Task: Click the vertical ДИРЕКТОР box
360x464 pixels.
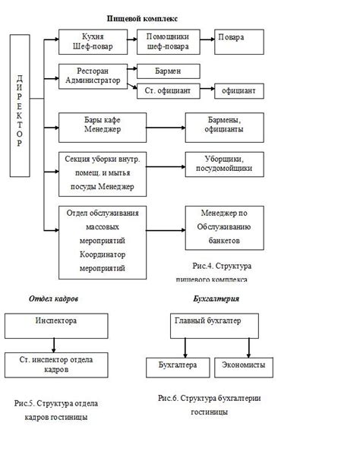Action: click(20, 106)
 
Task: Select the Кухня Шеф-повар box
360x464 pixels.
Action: click(93, 42)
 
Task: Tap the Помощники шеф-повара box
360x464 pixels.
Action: click(168, 42)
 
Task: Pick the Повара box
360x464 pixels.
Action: click(239, 42)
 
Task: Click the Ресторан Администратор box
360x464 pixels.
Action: click(93, 77)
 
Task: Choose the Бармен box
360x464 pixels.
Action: click(168, 71)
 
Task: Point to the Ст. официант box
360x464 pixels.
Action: click(168, 91)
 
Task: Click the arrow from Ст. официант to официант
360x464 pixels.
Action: click(207, 89)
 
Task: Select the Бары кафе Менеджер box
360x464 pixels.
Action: click(103, 128)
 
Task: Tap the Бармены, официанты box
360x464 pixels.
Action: click(224, 128)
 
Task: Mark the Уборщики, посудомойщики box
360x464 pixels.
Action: click(224, 165)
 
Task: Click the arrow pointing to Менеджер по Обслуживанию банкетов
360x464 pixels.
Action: click(166, 230)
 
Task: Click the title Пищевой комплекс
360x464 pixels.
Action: click(142, 19)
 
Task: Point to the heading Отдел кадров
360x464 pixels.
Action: click(54, 298)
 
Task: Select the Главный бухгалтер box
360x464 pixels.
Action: click(214, 326)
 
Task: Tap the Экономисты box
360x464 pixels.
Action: click(244, 368)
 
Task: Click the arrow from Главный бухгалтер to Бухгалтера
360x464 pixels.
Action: click(185, 348)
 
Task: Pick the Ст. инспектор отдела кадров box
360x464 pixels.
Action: click(56, 365)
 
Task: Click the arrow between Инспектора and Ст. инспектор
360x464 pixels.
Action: click(54, 346)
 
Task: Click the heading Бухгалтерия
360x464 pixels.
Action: click(216, 298)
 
